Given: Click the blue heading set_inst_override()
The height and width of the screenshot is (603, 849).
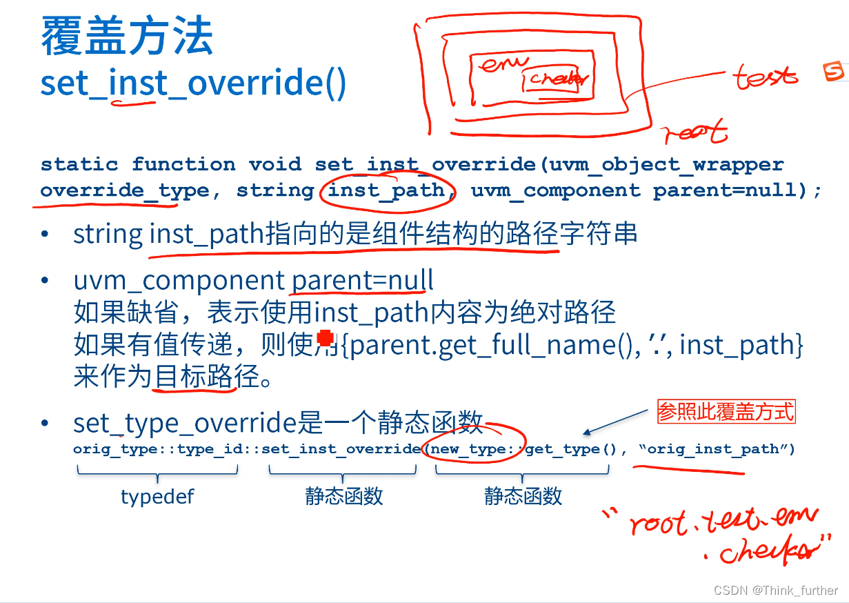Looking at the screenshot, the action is click(193, 83).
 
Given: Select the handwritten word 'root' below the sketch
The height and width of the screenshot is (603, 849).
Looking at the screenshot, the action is click(695, 131).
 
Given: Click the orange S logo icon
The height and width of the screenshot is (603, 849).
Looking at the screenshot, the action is click(834, 71).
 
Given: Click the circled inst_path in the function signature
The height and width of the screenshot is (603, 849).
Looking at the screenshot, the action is click(386, 190).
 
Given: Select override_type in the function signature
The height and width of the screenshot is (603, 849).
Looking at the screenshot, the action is click(124, 190).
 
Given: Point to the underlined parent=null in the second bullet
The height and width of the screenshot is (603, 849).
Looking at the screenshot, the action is click(363, 281).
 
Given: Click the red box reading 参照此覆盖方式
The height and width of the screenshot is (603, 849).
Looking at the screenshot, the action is click(726, 413).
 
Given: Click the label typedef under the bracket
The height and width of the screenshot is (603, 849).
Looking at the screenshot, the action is click(157, 496).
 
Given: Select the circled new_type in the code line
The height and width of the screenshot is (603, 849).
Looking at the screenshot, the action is click(468, 449).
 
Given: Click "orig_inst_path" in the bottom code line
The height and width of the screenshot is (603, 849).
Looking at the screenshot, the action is click(717, 449).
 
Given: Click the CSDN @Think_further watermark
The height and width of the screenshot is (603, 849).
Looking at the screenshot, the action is click(776, 591).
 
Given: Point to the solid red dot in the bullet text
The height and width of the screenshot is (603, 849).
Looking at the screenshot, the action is click(324, 338).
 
